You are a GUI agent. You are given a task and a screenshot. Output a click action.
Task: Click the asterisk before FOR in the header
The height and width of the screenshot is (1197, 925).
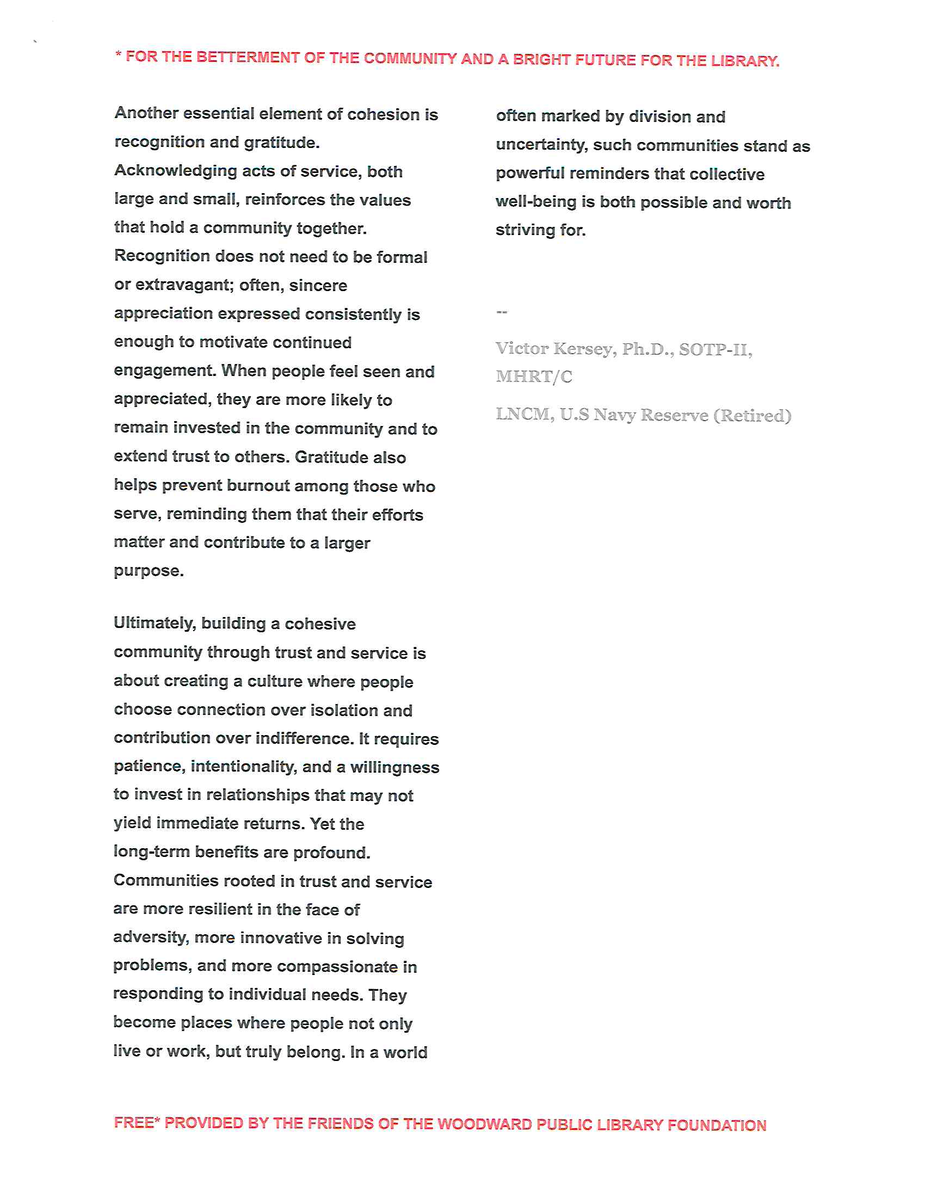118,55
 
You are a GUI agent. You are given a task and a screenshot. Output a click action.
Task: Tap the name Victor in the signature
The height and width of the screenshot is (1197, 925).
522,349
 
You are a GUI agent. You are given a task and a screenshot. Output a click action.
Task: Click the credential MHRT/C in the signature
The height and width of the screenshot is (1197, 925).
534,377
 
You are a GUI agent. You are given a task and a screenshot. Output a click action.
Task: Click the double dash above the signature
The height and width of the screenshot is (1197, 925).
502,312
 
